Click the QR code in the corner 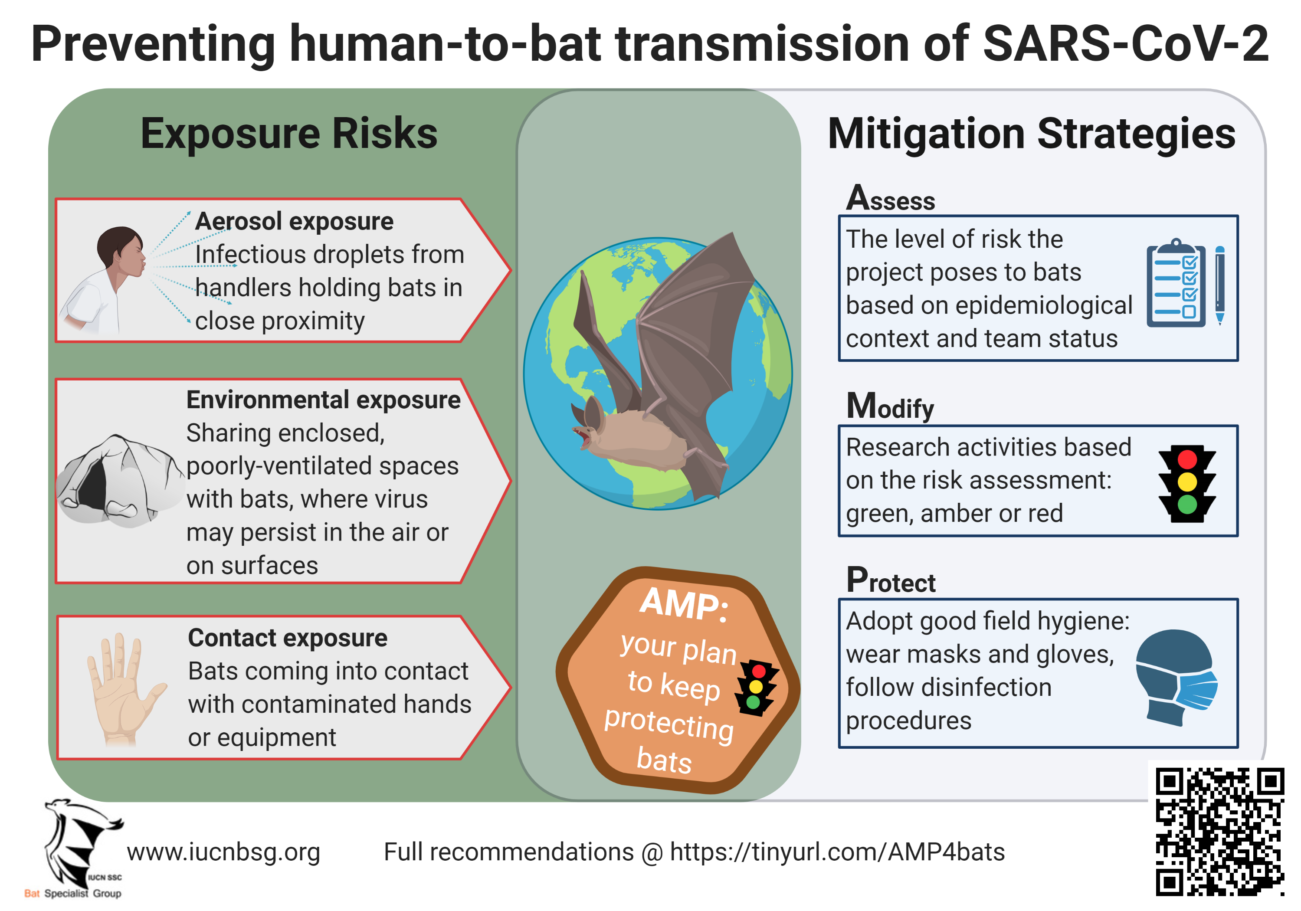[1219, 832]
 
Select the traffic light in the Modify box [1187, 482]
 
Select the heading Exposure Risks [289, 134]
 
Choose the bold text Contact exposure [288, 638]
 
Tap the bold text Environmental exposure [324, 400]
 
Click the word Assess [890, 198]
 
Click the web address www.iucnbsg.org [224, 852]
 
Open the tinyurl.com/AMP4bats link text [838, 852]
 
